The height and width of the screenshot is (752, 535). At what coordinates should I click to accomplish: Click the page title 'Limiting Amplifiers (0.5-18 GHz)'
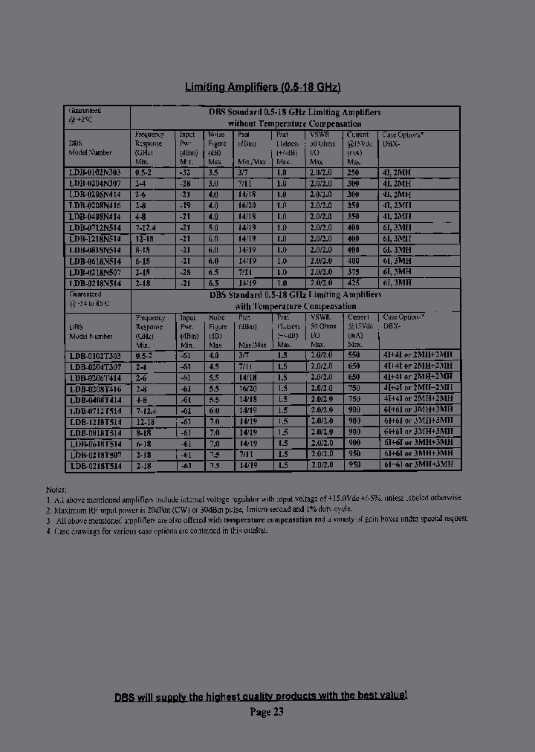click(x=262, y=88)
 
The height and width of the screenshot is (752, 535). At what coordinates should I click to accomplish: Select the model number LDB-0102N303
click(x=94, y=172)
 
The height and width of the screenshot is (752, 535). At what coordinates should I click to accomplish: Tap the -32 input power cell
click(x=187, y=172)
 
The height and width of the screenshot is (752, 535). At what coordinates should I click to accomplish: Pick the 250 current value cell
click(x=353, y=172)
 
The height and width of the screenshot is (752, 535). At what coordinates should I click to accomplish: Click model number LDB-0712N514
click(x=94, y=227)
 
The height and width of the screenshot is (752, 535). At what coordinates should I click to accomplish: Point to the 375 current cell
click(x=353, y=272)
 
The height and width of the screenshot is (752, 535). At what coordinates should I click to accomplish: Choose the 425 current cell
click(x=353, y=283)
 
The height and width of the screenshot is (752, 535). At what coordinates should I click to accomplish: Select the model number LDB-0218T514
click(x=94, y=466)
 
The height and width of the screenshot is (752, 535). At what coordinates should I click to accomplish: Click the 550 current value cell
click(x=353, y=355)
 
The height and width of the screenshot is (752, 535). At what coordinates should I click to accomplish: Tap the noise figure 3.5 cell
click(x=214, y=172)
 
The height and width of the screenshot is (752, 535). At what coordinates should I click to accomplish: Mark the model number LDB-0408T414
click(x=94, y=400)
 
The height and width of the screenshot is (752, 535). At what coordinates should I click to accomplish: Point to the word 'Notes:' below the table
click(x=56, y=490)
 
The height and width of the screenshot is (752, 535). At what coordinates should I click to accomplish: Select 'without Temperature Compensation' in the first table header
click(x=294, y=123)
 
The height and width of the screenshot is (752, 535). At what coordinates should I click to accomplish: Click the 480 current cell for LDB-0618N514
click(x=353, y=261)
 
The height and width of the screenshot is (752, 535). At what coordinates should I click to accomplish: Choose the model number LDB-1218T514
click(x=94, y=421)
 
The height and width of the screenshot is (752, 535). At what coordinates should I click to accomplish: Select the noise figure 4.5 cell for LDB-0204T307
click(x=214, y=366)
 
